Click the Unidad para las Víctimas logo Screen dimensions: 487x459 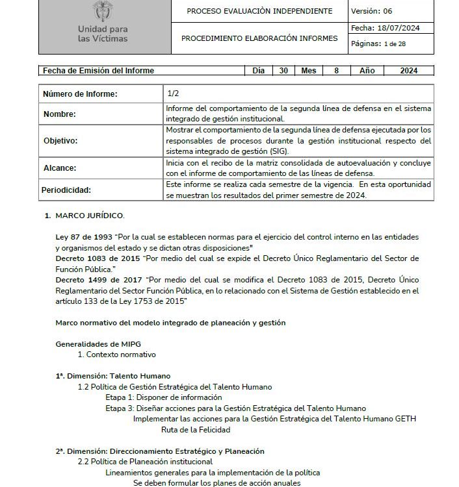(x=102, y=23)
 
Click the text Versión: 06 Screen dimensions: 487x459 (x=371, y=11)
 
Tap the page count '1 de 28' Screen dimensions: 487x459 (x=397, y=44)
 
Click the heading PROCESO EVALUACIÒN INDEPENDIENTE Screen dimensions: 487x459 (x=259, y=11)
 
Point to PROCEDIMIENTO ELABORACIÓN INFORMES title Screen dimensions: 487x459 (x=259, y=38)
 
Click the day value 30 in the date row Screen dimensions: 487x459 (x=283, y=71)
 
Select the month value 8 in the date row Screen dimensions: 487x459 (x=336, y=71)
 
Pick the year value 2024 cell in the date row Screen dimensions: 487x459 (x=409, y=71)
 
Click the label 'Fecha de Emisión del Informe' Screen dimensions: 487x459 (x=99, y=71)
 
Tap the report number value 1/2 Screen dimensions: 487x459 (x=173, y=94)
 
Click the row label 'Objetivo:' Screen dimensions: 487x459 (x=60, y=140)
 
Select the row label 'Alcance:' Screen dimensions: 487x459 (x=59, y=168)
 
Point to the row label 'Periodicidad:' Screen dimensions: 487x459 (x=67, y=190)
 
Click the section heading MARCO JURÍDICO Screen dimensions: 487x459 (x=90, y=215)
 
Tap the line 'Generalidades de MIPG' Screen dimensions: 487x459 (x=98, y=343)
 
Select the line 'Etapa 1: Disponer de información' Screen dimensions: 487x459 (x=164, y=397)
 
